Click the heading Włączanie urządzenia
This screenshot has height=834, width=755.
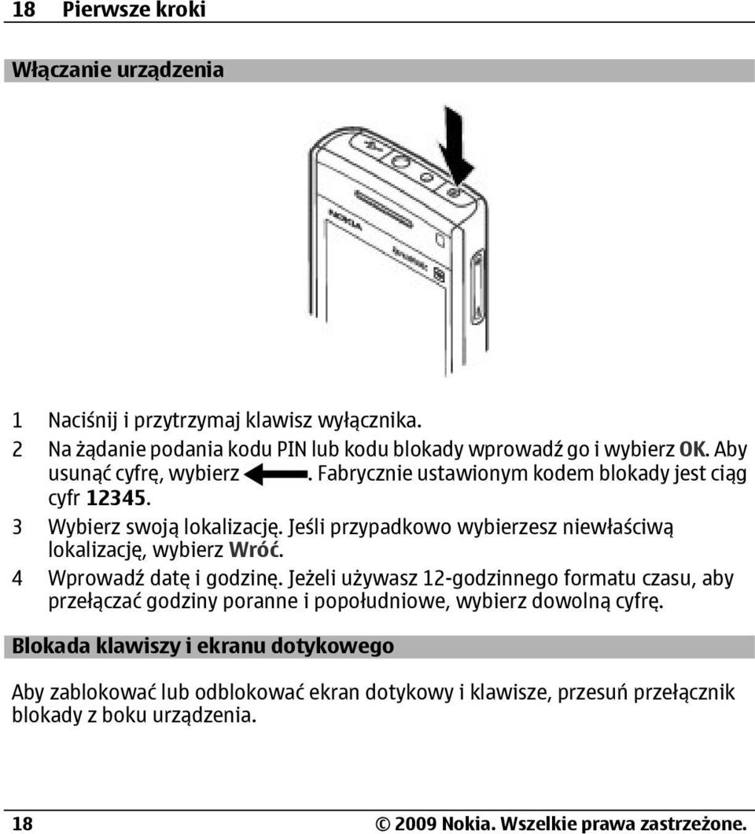click(x=117, y=71)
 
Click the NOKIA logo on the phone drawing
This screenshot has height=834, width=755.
click(x=345, y=220)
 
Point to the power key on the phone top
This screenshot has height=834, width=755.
click(x=453, y=192)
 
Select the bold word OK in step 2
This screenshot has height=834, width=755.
click(x=694, y=449)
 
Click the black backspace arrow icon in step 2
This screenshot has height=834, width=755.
click(x=275, y=474)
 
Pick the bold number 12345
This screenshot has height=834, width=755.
click(x=116, y=498)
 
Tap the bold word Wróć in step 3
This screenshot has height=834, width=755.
click(x=253, y=549)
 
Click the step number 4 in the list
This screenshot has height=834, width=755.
click(x=17, y=578)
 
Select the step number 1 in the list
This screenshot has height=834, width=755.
click(x=17, y=421)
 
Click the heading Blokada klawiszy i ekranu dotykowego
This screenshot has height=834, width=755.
click(x=203, y=646)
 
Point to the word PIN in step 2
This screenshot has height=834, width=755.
click(x=291, y=449)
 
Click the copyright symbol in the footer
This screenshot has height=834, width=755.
click(x=383, y=824)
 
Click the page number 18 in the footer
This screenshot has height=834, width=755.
click(x=22, y=824)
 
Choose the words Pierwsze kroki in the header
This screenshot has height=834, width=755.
click(x=134, y=9)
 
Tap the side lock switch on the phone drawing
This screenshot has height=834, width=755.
click(x=477, y=286)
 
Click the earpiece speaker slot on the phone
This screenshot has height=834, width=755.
click(x=383, y=208)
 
